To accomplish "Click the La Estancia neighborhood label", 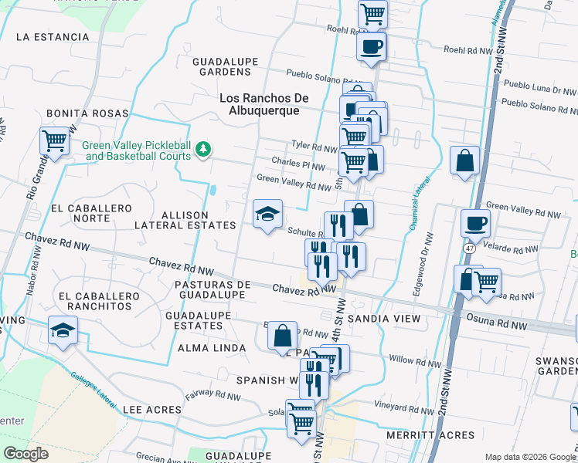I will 53,36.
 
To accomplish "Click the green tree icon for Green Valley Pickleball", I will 202,149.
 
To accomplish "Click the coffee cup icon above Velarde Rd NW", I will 475,223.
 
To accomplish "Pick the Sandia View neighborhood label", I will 383,319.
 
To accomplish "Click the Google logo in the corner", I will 25,454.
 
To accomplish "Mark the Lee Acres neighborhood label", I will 151,410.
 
